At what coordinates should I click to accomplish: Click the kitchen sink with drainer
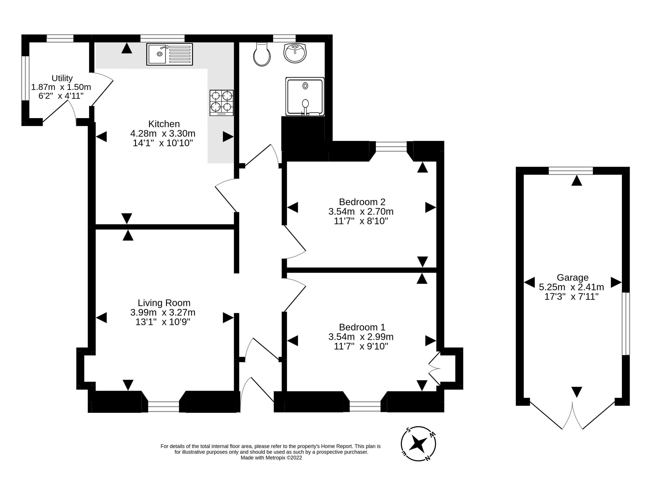tap(169, 54)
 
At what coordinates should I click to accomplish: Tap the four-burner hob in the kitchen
tap(222, 103)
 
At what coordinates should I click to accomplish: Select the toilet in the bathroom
tap(262, 54)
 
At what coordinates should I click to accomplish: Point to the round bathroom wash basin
tap(295, 53)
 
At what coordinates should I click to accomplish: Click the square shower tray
tap(305, 96)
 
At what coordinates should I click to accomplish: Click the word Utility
tap(62, 78)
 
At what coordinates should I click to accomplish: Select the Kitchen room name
tap(164, 124)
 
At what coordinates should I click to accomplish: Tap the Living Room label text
tap(164, 303)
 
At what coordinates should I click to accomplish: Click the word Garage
tap(572, 277)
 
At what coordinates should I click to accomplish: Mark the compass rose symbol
tap(418, 444)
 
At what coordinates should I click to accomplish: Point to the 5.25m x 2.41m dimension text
tap(571, 287)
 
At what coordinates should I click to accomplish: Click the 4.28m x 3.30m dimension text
tap(163, 133)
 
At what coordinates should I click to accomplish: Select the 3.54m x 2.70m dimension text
tap(361, 211)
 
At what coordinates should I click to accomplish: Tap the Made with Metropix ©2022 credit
tap(271, 458)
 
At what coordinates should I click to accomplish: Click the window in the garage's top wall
tap(571, 171)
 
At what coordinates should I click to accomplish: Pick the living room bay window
tap(164, 407)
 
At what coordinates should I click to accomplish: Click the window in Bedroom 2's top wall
tap(391, 146)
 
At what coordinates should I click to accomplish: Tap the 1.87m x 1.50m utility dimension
tap(61, 87)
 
